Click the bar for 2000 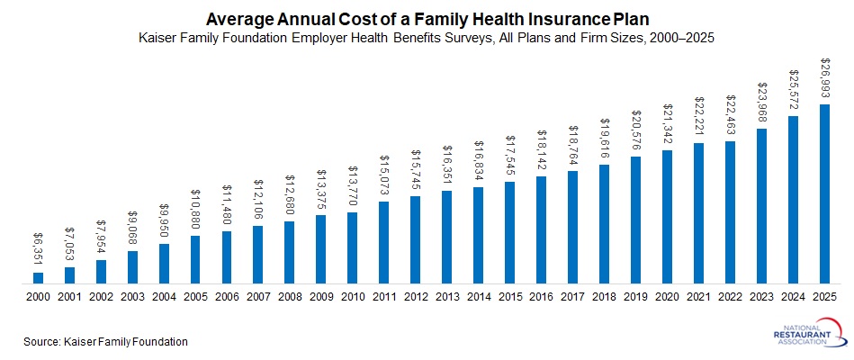click(39, 277)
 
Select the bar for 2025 click(824, 193)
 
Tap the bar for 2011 click(384, 242)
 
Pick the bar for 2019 click(635, 220)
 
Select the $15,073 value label click(384, 176)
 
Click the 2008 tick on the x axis click(290, 297)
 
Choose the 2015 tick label click(509, 297)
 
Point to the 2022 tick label click(730, 297)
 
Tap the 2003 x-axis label click(132, 297)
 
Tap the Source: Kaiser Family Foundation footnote click(106, 341)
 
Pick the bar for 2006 click(227, 257)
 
